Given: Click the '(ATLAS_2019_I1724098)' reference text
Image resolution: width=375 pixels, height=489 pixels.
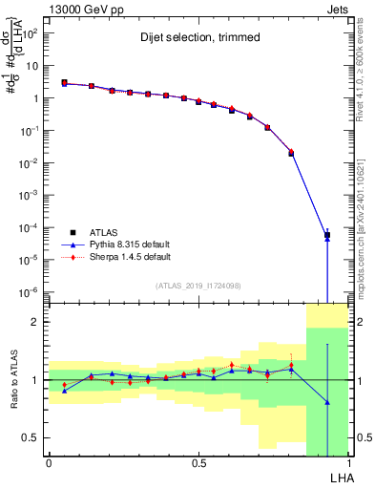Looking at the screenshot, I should point(198,286).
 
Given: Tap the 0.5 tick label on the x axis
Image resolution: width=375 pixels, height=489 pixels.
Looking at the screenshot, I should point(198,463).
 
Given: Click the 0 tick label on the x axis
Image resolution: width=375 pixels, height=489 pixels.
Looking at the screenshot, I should point(49,463).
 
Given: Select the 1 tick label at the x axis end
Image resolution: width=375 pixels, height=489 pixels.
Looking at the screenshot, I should point(347,463).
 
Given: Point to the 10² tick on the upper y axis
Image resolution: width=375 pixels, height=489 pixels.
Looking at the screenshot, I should point(31,33).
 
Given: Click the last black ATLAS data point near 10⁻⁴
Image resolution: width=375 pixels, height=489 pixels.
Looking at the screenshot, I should point(327,235).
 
